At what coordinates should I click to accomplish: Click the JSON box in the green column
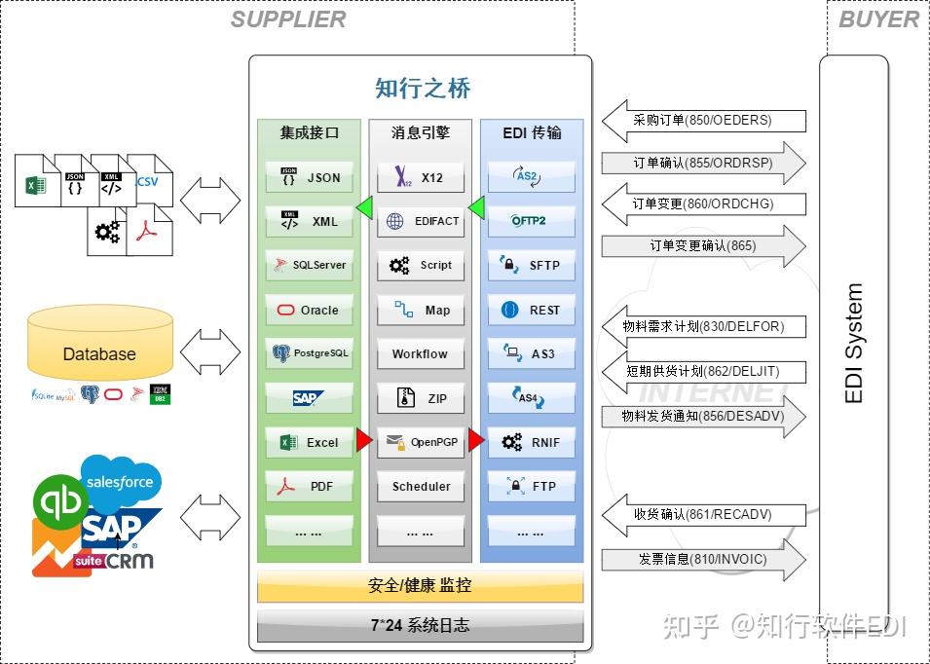pos(309,178)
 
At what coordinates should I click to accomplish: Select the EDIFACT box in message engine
pos(421,221)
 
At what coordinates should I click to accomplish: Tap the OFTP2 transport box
pos(531,221)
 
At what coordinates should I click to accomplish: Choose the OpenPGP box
pos(421,442)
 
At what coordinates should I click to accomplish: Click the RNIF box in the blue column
pos(531,443)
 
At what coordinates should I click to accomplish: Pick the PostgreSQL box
pos(309,353)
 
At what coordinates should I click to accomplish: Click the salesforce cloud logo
pos(121,482)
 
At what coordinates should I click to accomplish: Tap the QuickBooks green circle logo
pos(60,502)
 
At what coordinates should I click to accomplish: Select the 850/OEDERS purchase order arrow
pos(703,121)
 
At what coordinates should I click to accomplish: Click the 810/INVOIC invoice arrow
pos(703,559)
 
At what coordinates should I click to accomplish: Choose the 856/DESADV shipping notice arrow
pos(703,416)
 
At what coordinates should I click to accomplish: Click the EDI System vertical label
pos(853,344)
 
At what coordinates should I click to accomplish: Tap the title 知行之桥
pos(422,89)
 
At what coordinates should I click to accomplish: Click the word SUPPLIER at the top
pos(288,19)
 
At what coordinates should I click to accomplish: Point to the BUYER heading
pos(877,19)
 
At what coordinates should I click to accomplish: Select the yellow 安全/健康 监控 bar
pos(420,586)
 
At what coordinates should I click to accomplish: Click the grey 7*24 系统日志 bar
pos(420,625)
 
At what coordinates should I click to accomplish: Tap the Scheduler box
pos(421,486)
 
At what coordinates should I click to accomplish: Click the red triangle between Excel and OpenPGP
pos(363,441)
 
